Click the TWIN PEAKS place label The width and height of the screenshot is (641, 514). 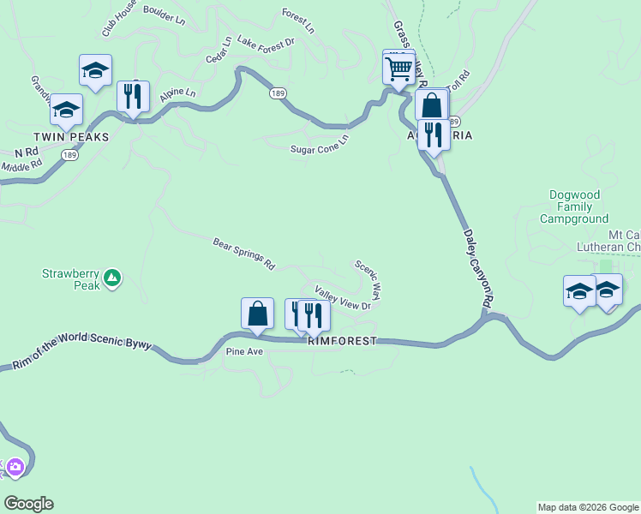pos(72,137)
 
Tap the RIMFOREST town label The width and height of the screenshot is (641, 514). pos(342,341)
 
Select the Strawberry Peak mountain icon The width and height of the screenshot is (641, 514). pos(111,278)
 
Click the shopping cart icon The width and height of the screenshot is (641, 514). pos(398,69)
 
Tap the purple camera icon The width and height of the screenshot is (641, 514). pos(15,468)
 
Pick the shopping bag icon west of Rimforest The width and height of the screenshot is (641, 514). pos(257,314)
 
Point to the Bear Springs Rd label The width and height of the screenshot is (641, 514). pos(243,254)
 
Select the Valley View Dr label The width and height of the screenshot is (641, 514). pos(343,298)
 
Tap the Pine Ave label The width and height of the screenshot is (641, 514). pos(244,351)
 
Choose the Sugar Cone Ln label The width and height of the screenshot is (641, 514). pos(320,144)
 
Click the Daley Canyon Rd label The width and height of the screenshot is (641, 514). pos(478,268)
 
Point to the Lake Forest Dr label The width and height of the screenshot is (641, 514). pos(266,41)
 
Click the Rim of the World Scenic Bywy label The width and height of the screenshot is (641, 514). pos(82,353)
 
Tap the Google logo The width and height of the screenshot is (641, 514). pos(28,504)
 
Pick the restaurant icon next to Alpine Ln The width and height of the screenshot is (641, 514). pos(132,97)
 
